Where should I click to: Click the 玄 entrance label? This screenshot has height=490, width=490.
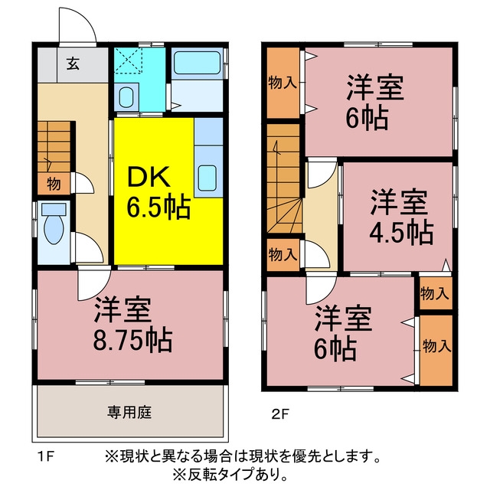pyautogui.click(x=73, y=64)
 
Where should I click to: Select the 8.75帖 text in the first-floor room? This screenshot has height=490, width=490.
pyautogui.click(x=132, y=340)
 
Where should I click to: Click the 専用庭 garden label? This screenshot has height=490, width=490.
pyautogui.click(x=129, y=412)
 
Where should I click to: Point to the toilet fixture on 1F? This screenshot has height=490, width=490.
pyautogui.click(x=54, y=223)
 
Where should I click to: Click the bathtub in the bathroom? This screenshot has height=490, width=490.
pyautogui.click(x=197, y=63)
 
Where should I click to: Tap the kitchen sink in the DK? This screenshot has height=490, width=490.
pyautogui.click(x=207, y=178)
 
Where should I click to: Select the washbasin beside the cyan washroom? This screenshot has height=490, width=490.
pyautogui.click(x=126, y=97)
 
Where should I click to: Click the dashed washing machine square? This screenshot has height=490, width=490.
pyautogui.click(x=128, y=60)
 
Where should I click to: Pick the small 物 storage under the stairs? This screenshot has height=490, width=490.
pyautogui.click(x=54, y=184)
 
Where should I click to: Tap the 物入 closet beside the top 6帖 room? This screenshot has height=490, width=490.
pyautogui.click(x=283, y=83)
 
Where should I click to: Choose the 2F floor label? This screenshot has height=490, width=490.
pyautogui.click(x=280, y=415)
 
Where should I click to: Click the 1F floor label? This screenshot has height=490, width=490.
pyautogui.click(x=46, y=458)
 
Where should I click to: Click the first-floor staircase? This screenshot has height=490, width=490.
pyautogui.click(x=54, y=146)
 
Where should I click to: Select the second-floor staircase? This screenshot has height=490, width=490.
pyautogui.click(x=284, y=178)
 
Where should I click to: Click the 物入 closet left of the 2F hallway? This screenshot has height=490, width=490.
pyautogui.click(x=283, y=255)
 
